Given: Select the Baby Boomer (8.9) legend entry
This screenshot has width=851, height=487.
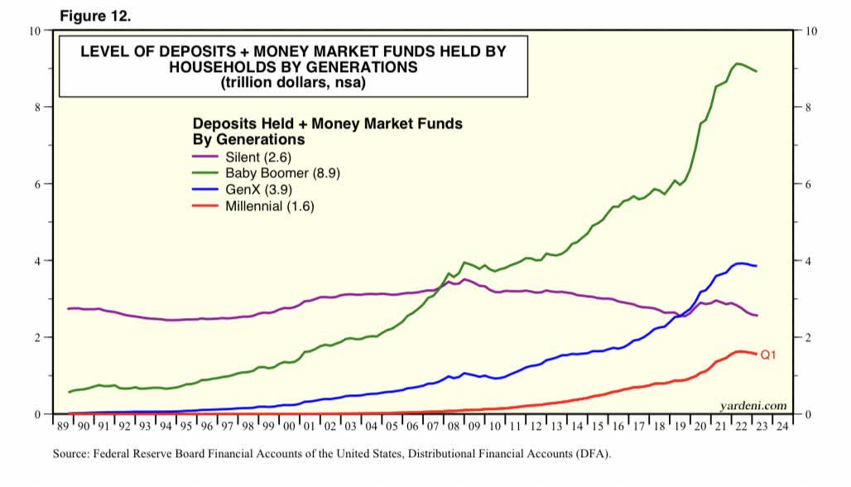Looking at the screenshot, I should [282, 173].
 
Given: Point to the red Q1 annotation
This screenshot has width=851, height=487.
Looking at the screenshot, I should [768, 355].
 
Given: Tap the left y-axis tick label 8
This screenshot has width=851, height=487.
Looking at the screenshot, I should [36, 107].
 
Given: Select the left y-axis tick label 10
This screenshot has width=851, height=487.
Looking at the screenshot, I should [34, 31].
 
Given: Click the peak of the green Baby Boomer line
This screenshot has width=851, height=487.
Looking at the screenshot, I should [738, 63].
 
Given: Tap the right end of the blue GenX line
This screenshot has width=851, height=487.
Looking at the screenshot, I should [756, 266].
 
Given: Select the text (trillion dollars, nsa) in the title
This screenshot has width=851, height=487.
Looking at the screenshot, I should [292, 83].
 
